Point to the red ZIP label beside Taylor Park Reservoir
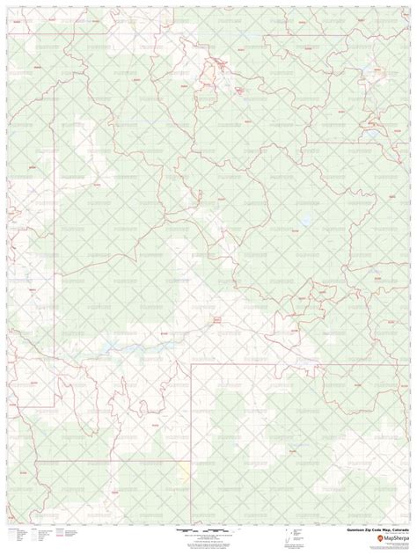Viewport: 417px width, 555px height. click(294, 230)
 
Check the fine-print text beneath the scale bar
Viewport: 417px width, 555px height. click(209, 544)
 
